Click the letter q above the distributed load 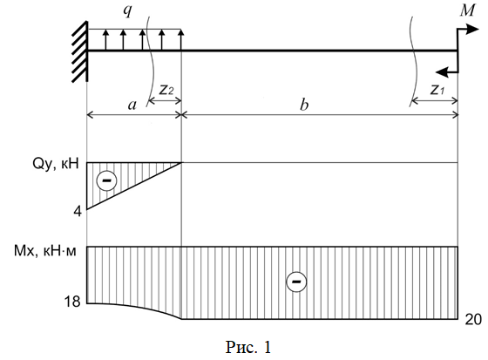tap(127, 11)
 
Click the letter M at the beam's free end tap(467, 10)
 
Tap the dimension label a tap(132, 105)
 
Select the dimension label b tap(304, 105)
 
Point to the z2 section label tap(166, 90)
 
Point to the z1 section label tap(437, 90)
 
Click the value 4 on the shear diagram tap(78, 212)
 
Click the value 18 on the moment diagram tap(71, 302)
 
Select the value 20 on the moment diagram tap(473, 320)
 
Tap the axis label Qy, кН tap(56, 164)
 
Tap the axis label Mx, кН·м tap(44, 251)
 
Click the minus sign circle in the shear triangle tap(106, 180)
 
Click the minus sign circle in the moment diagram tap(296, 282)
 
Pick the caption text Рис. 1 tap(248, 347)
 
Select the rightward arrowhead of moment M tap(472, 30)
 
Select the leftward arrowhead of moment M tap(441, 72)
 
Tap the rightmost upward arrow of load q tap(181, 39)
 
